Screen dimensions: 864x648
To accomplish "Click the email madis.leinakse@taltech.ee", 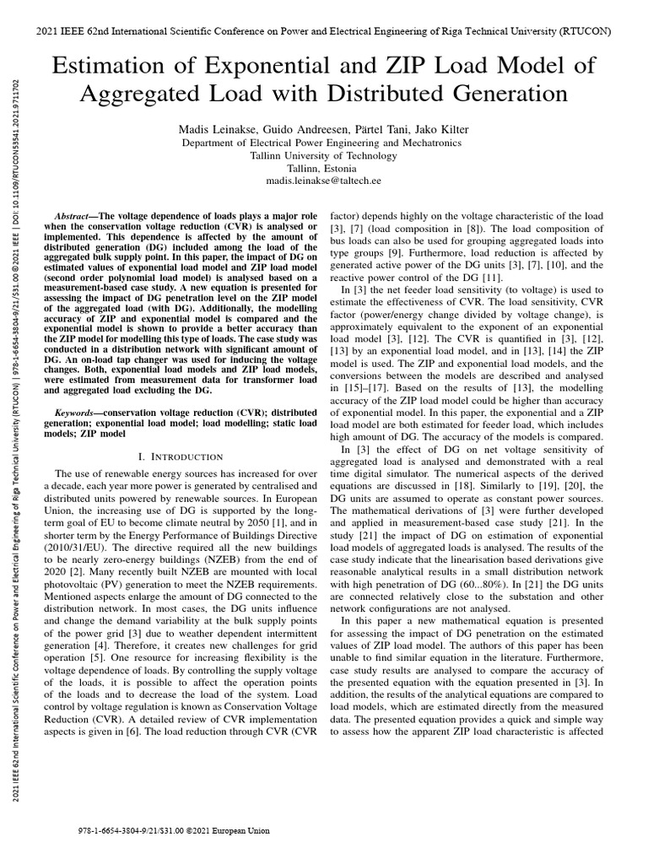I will tap(323, 181).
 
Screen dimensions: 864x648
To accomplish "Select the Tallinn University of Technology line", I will tap(323, 155).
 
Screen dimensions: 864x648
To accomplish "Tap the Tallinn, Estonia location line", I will tap(323, 168).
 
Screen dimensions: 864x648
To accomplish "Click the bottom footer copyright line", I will tap(173, 830).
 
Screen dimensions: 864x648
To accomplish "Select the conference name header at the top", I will tap(323, 31).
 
